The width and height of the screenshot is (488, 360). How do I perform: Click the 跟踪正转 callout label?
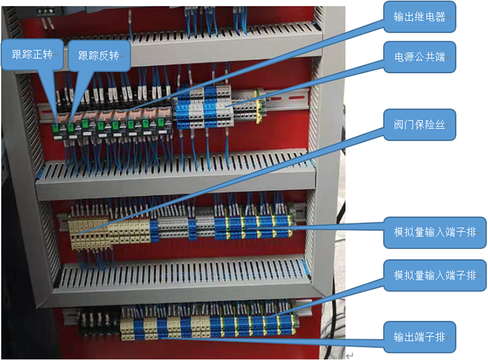pos(32,56)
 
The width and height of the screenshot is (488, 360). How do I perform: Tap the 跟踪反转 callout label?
pos(99,56)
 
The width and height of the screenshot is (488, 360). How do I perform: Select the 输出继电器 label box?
pos(420,17)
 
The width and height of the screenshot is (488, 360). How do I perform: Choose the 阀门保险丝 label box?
pos(420,124)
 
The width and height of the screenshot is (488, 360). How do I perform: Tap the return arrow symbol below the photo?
pos(349,355)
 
